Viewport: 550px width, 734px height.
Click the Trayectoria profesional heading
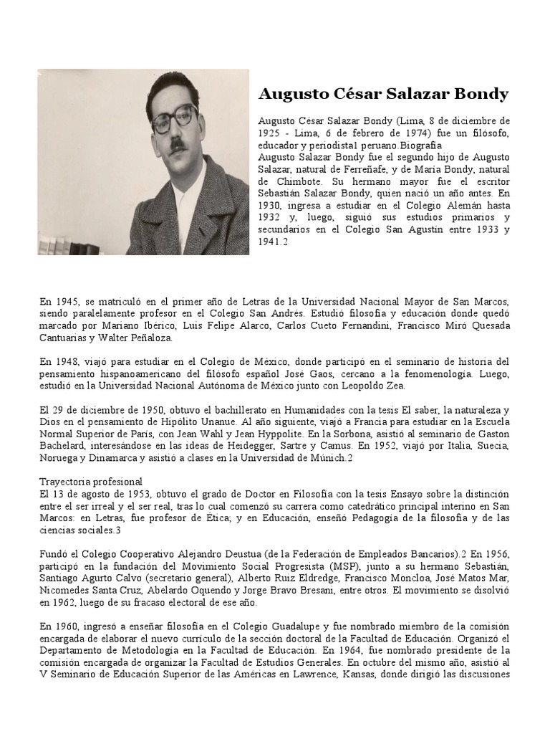[91, 481]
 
